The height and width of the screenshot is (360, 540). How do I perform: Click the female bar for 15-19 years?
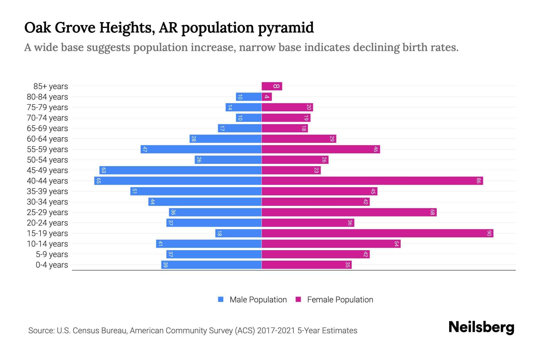[x=377, y=233]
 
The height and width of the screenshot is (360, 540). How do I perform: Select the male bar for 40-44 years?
[x=178, y=181]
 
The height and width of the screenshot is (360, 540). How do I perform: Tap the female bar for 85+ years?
[x=271, y=86]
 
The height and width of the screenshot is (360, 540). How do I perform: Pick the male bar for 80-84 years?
[x=249, y=97]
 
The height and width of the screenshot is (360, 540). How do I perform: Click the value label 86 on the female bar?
[x=478, y=181]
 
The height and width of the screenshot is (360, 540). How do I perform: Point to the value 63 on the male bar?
[x=103, y=170]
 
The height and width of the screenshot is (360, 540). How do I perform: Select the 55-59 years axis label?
[x=47, y=149]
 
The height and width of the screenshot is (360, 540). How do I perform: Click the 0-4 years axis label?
[x=52, y=265]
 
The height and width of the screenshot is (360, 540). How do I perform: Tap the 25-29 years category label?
[x=47, y=212]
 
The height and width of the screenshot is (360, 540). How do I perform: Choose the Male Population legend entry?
[x=258, y=299]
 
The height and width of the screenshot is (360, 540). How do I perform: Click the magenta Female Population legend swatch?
[x=298, y=299]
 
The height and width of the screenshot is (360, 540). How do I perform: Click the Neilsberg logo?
[x=481, y=328]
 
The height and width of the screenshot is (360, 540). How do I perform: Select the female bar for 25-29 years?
[x=349, y=212]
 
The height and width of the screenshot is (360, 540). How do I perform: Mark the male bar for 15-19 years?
[x=238, y=233]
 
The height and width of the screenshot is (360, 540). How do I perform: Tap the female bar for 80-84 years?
[x=267, y=97]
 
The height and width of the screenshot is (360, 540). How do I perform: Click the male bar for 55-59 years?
[x=201, y=149]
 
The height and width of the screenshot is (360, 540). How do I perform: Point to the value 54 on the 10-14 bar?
[x=396, y=244]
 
